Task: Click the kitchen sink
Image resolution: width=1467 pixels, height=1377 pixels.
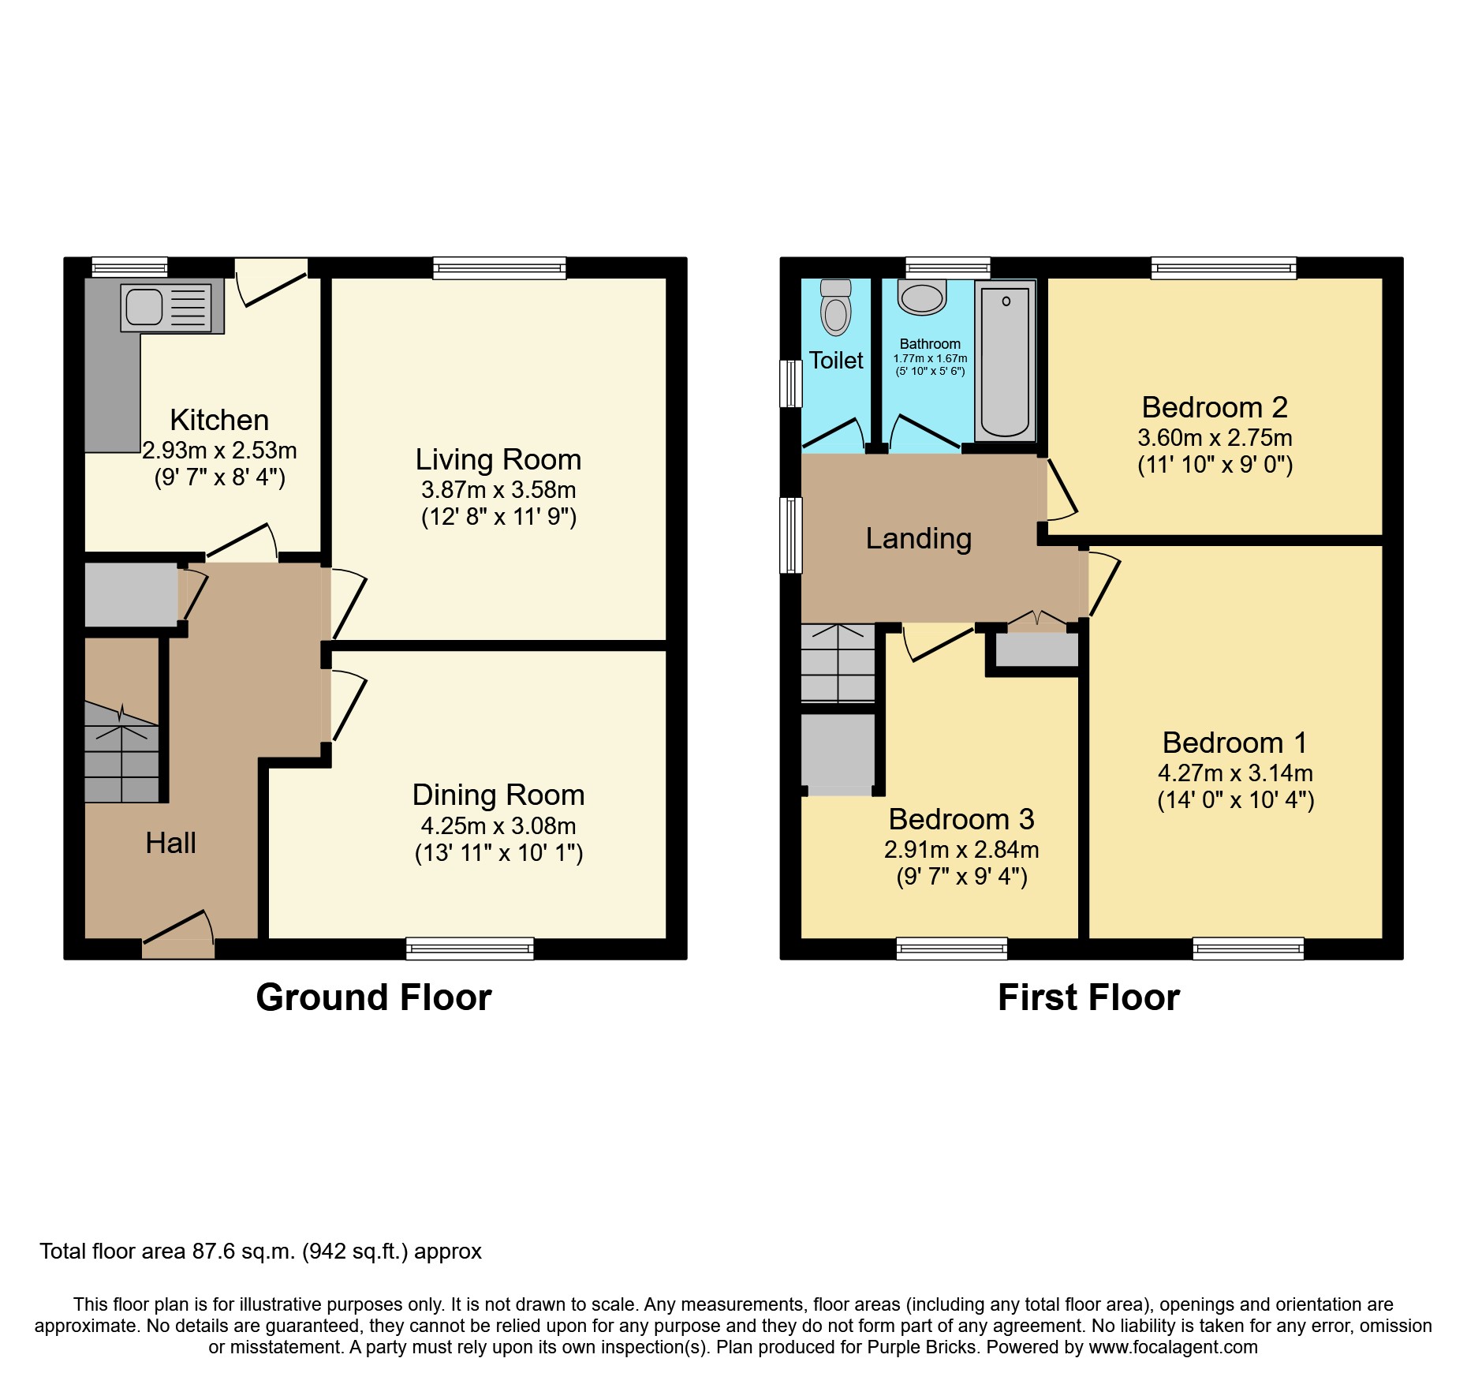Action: [145, 307]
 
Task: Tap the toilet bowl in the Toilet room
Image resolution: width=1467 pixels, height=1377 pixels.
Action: [835, 314]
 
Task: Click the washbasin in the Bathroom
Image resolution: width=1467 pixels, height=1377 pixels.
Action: [921, 298]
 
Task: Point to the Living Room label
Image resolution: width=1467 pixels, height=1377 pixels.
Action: [498, 459]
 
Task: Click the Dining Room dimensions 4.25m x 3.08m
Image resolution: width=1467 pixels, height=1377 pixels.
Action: [498, 826]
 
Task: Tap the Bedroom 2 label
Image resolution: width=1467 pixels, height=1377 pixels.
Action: [1214, 407]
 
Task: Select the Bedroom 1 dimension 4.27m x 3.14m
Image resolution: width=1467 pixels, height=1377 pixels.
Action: [1234, 773]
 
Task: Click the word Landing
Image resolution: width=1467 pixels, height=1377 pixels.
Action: [918, 538]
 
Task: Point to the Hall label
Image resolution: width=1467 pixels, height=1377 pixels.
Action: [170, 843]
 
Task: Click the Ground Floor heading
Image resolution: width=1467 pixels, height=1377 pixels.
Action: [373, 997]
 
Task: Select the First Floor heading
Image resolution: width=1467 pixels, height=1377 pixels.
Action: [1088, 997]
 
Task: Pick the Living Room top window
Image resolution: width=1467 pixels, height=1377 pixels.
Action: [499, 268]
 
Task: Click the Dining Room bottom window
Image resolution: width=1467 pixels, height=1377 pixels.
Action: [469, 949]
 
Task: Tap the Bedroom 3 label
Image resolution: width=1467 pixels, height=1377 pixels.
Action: [961, 819]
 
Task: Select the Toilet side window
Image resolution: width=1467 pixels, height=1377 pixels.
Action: [790, 384]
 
